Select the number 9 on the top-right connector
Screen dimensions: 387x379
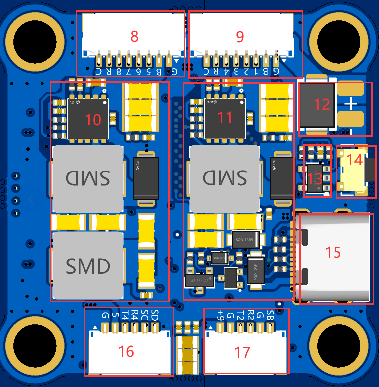pyautogui.click(x=240, y=37)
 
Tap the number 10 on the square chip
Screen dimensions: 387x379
pyautogui.click(x=93, y=119)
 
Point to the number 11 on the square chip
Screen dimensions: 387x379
pyautogui.click(x=225, y=117)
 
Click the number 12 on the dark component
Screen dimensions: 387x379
pyautogui.click(x=322, y=104)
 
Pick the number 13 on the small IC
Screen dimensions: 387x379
pyautogui.click(x=315, y=178)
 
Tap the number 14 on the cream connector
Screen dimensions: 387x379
pyautogui.click(x=354, y=160)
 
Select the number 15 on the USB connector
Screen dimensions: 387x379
pyautogui.click(x=334, y=252)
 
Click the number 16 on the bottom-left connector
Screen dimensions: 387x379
pyautogui.click(x=126, y=351)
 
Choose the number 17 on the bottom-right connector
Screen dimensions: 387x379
pyautogui.click(x=242, y=352)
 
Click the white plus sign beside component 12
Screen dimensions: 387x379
pyautogui.click(x=351, y=104)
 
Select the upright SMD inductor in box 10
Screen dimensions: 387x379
pyautogui.click(x=87, y=266)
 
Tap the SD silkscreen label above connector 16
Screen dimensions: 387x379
pyautogui.click(x=155, y=314)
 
